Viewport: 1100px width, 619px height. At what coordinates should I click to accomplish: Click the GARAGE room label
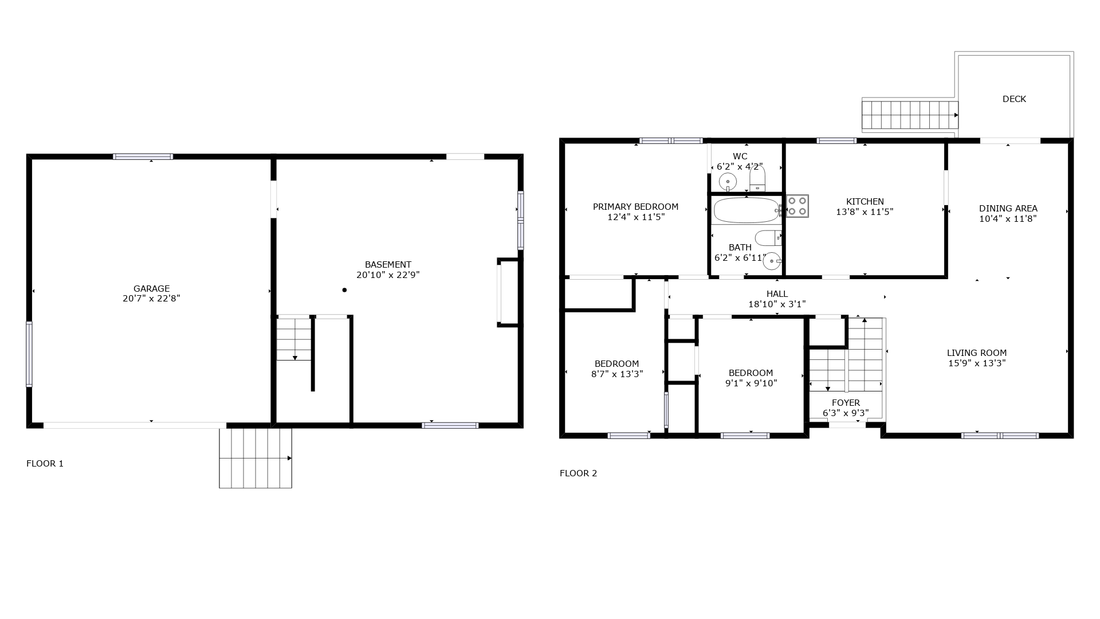click(x=151, y=288)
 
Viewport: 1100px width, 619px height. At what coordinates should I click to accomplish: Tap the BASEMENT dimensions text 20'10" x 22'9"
click(x=388, y=275)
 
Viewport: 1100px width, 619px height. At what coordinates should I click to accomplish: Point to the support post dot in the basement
click(x=344, y=290)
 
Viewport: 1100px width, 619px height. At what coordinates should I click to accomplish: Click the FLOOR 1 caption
click(x=45, y=463)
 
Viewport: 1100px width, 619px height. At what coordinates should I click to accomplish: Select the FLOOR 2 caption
click(x=578, y=473)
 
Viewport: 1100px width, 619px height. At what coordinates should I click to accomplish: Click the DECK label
click(x=1014, y=99)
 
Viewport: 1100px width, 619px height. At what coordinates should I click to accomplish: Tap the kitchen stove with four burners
click(x=797, y=206)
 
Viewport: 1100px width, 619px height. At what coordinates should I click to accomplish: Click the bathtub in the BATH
click(x=747, y=210)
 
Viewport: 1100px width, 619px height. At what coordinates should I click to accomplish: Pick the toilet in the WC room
click(x=757, y=179)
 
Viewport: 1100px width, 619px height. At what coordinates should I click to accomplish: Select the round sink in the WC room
click(x=728, y=182)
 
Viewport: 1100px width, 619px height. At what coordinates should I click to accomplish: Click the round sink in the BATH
click(x=772, y=261)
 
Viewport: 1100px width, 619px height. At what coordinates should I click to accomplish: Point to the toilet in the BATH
click(x=768, y=237)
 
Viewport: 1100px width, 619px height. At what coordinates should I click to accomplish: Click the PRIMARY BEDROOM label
click(x=635, y=206)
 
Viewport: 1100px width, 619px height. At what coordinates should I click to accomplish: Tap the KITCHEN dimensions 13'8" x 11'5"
click(x=865, y=211)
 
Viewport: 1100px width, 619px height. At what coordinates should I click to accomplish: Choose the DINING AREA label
click(x=1008, y=208)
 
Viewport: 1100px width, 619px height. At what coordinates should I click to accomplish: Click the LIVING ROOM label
click(x=977, y=352)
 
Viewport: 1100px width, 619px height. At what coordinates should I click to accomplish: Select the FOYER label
click(x=846, y=402)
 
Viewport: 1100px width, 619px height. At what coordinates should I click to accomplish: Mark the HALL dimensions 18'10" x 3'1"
click(x=777, y=304)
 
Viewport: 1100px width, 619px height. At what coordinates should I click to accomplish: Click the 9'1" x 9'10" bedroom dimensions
click(x=751, y=383)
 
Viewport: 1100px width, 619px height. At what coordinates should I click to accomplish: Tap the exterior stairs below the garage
click(x=256, y=458)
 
